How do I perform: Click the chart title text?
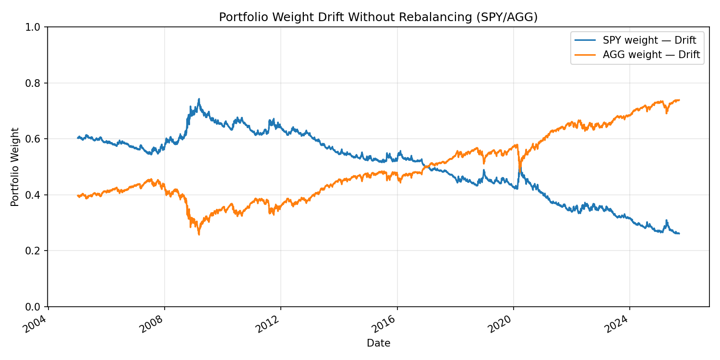[378, 17]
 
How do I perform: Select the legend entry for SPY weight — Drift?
[649, 40]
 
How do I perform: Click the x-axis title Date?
[378, 343]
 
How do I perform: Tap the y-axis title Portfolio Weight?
[15, 167]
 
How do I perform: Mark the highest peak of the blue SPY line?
[199, 99]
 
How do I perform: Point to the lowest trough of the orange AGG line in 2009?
[199, 235]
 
